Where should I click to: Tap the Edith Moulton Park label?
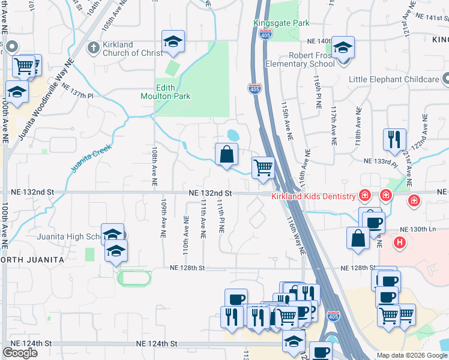pos(174,92)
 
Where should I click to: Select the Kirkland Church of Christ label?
pos(131,49)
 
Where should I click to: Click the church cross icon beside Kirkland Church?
pos(93,47)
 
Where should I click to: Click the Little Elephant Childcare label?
pos(393,79)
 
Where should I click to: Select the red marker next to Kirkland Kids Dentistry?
pos(364,196)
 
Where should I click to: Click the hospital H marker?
pos(400,243)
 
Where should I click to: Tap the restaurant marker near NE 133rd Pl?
pos(394,140)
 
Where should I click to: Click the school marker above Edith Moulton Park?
pos(173,41)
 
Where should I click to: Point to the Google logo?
pos(20,353)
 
